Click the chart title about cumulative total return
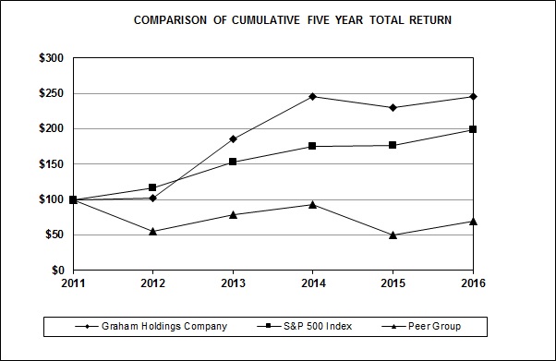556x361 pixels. click(293, 19)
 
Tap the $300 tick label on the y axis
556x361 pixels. click(51, 58)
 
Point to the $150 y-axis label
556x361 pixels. click(51, 164)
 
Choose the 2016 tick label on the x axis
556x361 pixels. click(473, 283)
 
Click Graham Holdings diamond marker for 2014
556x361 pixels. click(313, 96)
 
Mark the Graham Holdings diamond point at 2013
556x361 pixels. click(233, 139)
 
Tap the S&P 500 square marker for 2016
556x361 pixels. click(473, 129)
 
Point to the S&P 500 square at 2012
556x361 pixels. click(152, 187)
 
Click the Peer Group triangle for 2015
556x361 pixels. click(393, 235)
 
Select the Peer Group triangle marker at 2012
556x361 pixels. click(152, 231)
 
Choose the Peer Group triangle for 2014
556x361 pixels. click(313, 204)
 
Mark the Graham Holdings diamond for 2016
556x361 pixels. click(473, 96)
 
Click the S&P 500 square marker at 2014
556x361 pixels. click(313, 146)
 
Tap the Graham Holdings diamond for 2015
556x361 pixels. click(393, 107)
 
